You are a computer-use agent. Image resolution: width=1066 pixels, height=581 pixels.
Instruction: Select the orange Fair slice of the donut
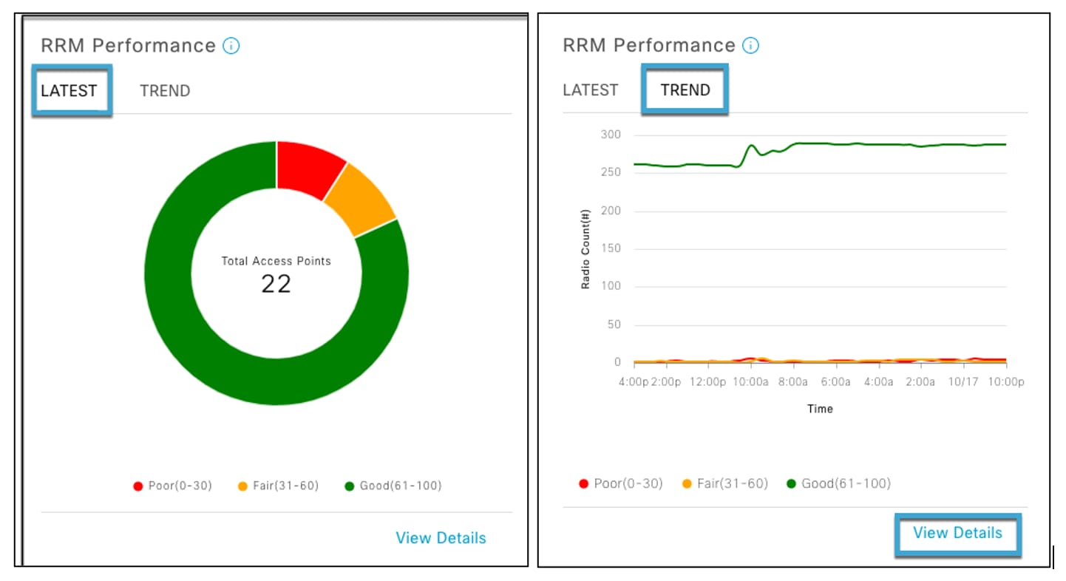pyautogui.click(x=360, y=200)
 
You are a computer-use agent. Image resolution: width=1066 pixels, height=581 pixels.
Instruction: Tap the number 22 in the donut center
pyautogui.click(x=276, y=284)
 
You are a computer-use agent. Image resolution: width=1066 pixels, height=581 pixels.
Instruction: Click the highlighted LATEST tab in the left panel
pyautogui.click(x=69, y=91)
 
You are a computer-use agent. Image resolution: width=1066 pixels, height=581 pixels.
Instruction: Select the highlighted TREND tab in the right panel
pyautogui.click(x=685, y=90)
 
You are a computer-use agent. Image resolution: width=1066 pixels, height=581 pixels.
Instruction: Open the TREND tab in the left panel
pyautogui.click(x=165, y=91)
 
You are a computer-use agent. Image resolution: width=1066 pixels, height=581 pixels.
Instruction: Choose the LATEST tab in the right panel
pyautogui.click(x=590, y=90)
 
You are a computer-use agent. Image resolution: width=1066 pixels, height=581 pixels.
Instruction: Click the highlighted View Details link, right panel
pyautogui.click(x=957, y=533)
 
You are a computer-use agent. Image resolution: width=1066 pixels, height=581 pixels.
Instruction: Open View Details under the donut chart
pyautogui.click(x=441, y=538)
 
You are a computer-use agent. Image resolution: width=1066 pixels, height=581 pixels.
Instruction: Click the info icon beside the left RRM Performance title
pyautogui.click(x=231, y=46)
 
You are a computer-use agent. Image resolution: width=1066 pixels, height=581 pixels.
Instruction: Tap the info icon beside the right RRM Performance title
pyautogui.click(x=750, y=46)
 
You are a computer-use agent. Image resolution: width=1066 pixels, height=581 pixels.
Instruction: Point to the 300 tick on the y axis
pyautogui.click(x=611, y=135)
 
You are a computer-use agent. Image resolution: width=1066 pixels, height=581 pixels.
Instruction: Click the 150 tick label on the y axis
pyautogui.click(x=611, y=248)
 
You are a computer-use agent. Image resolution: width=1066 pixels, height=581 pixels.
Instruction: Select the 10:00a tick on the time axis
pyautogui.click(x=750, y=382)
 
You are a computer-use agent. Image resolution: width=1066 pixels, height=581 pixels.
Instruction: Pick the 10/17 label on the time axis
pyautogui.click(x=962, y=382)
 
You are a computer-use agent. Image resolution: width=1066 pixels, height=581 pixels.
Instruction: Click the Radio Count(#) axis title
pyautogui.click(x=585, y=248)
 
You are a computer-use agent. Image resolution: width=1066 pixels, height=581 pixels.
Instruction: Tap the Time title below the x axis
pyautogui.click(x=820, y=409)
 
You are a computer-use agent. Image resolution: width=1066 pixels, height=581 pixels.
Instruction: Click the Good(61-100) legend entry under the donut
pyautogui.click(x=393, y=486)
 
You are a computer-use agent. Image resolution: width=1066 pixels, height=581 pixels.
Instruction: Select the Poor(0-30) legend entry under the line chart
pyautogui.click(x=621, y=483)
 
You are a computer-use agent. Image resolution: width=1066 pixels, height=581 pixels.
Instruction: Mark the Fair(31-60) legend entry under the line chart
pyautogui.click(x=725, y=483)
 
